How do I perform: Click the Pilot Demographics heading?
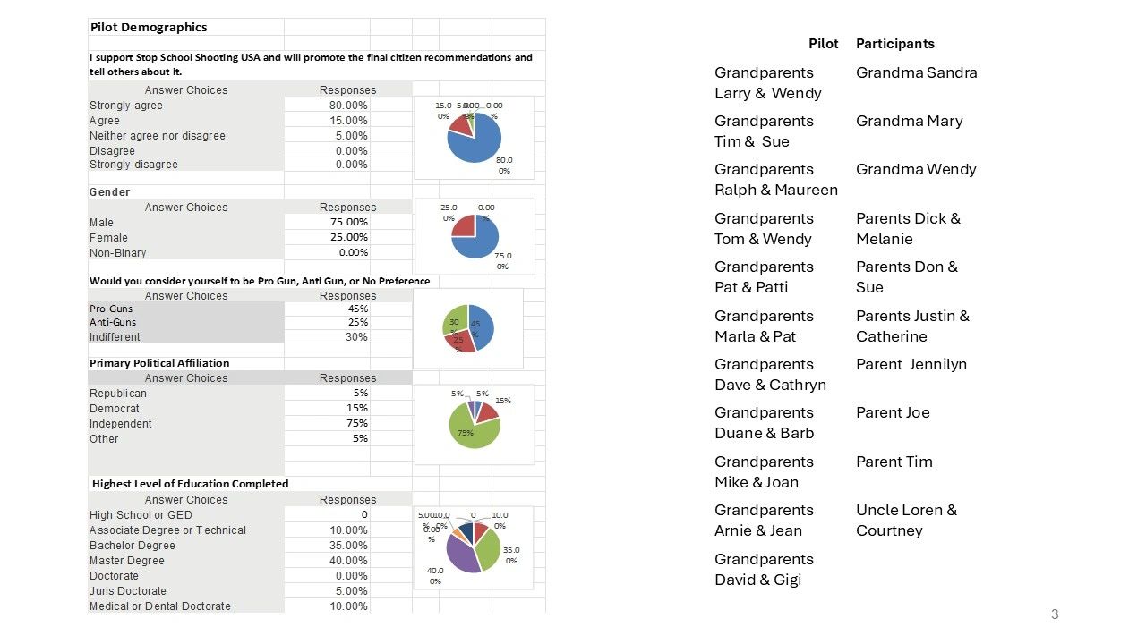149,27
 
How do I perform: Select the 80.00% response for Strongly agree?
348,106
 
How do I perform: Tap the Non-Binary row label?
117,253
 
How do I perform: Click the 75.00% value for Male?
348,222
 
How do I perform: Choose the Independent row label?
121,424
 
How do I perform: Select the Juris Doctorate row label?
128,591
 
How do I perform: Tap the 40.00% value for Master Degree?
348,561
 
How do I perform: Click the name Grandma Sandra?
916,73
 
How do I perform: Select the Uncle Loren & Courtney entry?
906,521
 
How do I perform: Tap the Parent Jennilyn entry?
911,364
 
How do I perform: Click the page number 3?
1055,614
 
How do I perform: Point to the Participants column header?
894,44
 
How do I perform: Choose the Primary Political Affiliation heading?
159,363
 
